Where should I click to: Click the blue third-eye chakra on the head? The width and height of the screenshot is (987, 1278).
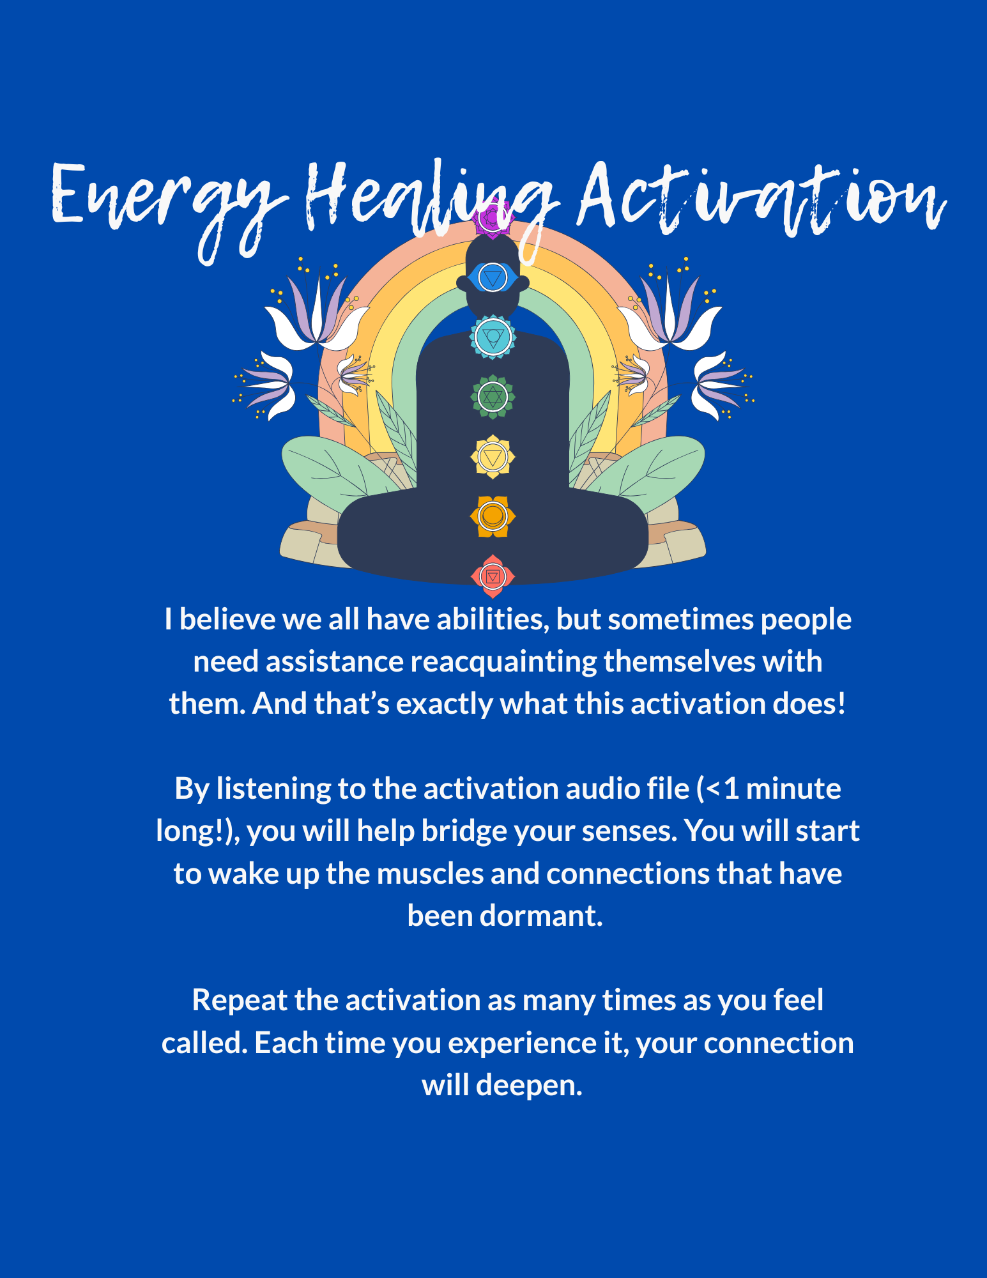click(493, 278)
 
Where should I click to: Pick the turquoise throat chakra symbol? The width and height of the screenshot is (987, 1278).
click(493, 336)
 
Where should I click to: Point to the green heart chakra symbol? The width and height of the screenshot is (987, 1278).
click(493, 397)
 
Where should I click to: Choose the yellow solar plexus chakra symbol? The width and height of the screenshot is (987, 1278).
click(493, 457)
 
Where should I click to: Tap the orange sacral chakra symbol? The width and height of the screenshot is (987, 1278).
click(493, 516)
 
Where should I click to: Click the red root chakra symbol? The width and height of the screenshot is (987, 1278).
click(493, 576)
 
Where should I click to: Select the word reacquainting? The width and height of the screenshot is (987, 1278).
click(503, 662)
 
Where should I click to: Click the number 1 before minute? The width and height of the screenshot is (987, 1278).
click(731, 789)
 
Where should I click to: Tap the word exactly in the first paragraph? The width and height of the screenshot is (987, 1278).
click(445, 704)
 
